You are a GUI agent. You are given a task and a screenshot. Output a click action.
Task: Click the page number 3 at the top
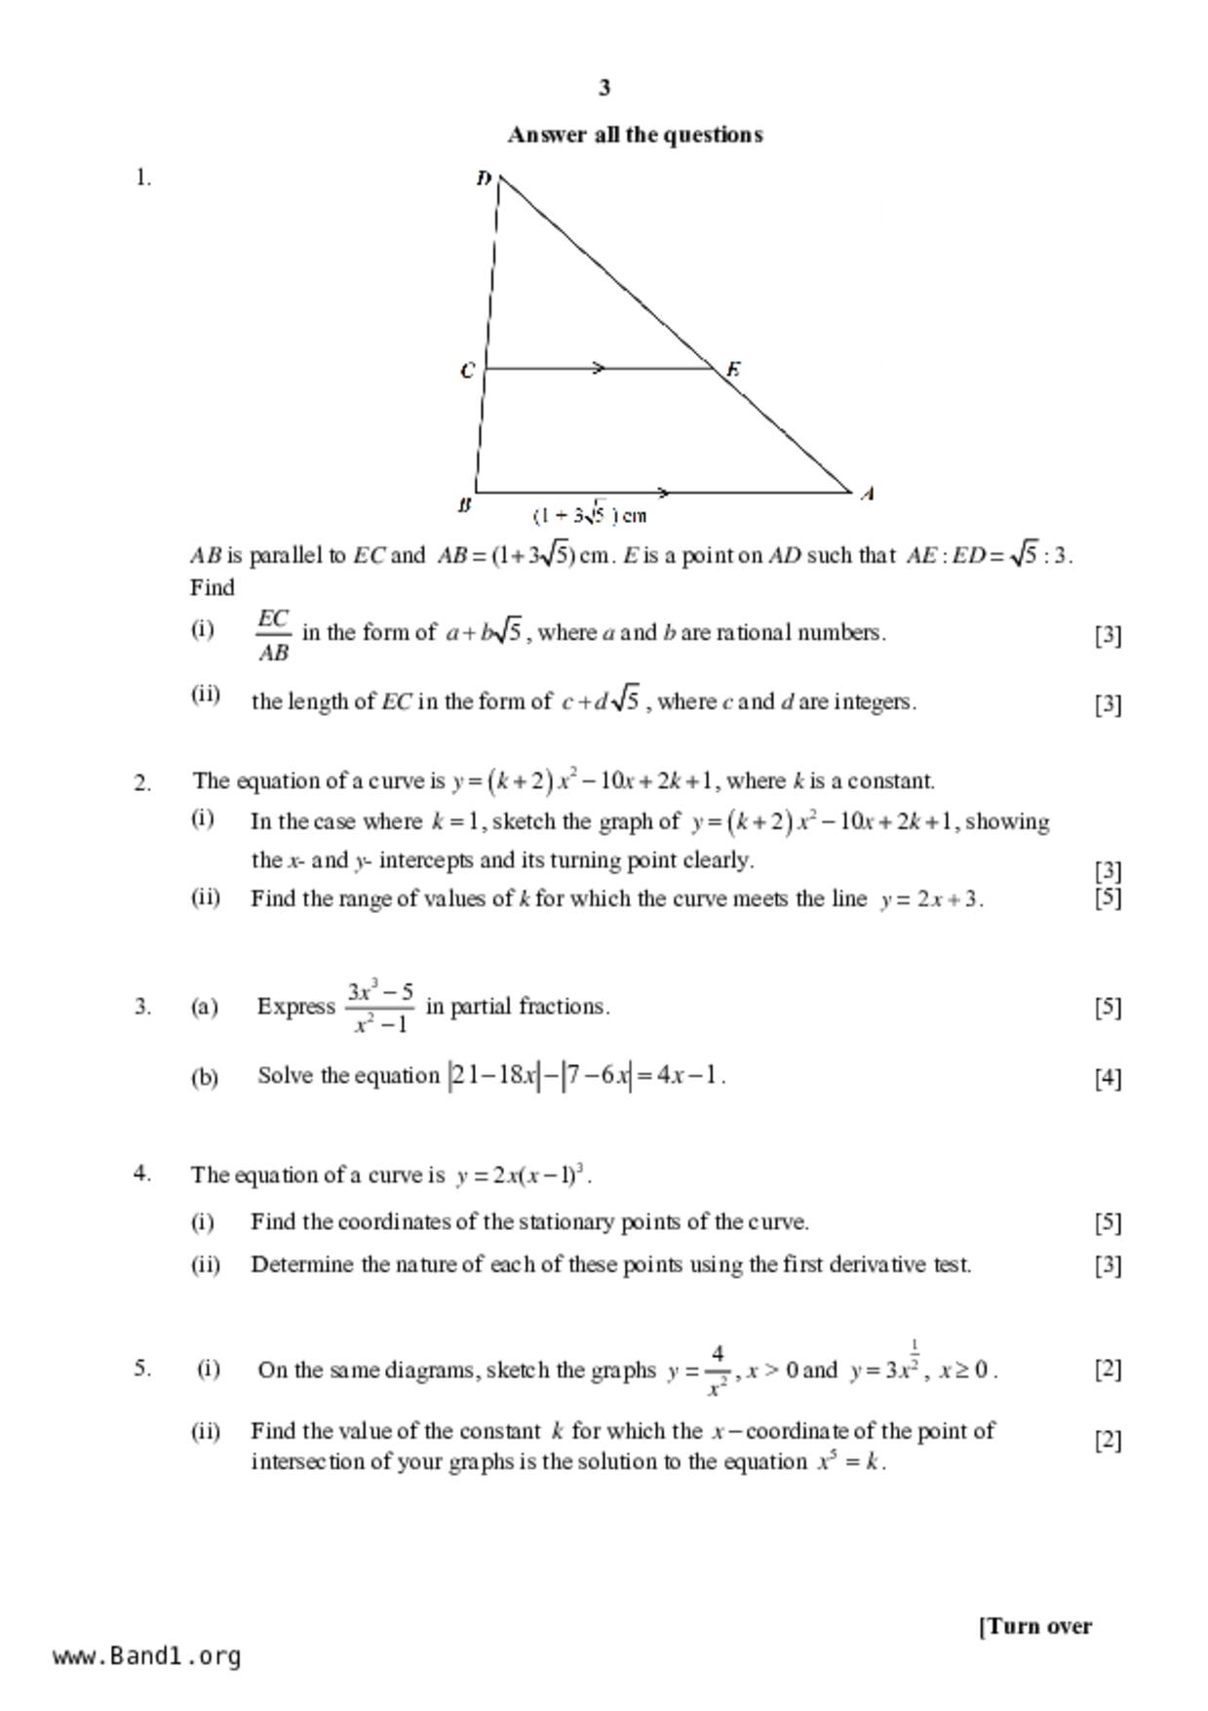[604, 88]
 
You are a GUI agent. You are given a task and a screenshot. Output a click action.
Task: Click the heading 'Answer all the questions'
[635, 135]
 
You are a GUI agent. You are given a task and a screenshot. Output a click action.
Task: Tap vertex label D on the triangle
[484, 178]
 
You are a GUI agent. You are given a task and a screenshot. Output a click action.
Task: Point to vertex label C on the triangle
[467, 371]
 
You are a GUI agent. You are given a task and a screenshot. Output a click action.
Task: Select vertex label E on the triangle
[733, 369]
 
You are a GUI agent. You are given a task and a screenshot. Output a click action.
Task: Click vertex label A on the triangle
[867, 494]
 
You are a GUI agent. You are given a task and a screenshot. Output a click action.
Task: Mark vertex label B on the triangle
[464, 505]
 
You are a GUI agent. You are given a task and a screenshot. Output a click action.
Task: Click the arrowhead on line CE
[600, 369]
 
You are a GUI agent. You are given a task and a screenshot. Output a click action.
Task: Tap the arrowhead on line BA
[663, 493]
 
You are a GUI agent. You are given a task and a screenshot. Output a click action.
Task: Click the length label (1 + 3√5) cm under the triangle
[590, 515]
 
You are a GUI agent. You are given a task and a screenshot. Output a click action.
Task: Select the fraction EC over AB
[273, 635]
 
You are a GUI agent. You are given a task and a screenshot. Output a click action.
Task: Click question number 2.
[142, 782]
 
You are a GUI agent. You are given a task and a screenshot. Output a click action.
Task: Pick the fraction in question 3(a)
[380, 1007]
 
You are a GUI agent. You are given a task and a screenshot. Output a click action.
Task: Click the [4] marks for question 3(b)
[1108, 1078]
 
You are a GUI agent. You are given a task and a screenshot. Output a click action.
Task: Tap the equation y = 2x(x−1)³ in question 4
[523, 1174]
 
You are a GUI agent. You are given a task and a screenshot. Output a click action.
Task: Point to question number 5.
[142, 1368]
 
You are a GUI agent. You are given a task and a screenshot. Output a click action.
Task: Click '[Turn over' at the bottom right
[1035, 1626]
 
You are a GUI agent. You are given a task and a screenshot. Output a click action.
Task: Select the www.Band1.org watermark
[147, 1656]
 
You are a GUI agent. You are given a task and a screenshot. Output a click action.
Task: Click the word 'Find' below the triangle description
[213, 588]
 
